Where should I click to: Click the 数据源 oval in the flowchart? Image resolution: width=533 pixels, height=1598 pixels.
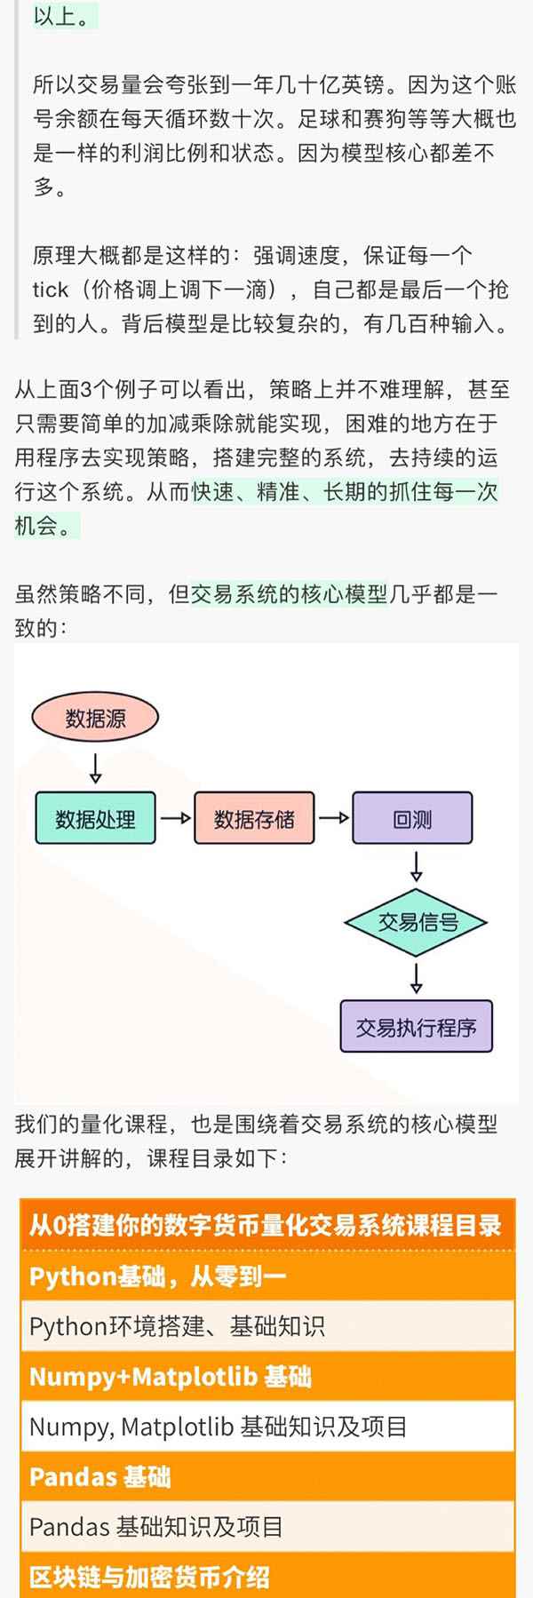point(95,718)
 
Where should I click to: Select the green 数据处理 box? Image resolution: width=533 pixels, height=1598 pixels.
point(95,818)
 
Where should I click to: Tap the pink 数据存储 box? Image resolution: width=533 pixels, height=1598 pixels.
point(254,818)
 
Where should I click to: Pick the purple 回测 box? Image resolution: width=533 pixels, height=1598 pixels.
point(412,818)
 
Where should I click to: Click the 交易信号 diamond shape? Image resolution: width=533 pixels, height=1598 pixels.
point(416,922)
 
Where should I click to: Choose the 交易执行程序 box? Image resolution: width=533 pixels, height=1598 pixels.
point(416,1027)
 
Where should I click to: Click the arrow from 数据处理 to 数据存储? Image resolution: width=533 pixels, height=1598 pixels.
point(175,818)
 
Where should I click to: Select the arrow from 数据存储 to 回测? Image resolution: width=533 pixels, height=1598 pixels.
point(333,818)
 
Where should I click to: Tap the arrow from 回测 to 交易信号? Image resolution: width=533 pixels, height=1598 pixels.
point(416,866)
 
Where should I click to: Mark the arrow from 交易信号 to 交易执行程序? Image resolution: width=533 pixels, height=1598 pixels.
point(416,978)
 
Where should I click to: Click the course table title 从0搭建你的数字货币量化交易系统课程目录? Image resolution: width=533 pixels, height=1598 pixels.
point(266,1226)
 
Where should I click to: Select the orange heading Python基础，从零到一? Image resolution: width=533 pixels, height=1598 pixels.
point(158,1276)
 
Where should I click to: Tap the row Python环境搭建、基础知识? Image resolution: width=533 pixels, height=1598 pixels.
point(178,1327)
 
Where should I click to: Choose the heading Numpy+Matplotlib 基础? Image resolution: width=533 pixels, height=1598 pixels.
point(171,1377)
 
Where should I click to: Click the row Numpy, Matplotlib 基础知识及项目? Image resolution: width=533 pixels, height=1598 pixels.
point(219,1427)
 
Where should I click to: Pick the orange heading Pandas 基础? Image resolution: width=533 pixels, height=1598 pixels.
point(99,1477)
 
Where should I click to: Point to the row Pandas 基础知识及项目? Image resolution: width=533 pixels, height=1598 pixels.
point(156,1527)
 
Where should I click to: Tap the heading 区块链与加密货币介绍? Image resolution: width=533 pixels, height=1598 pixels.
point(149,1578)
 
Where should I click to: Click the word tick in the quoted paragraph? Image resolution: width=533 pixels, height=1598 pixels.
point(51,290)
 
